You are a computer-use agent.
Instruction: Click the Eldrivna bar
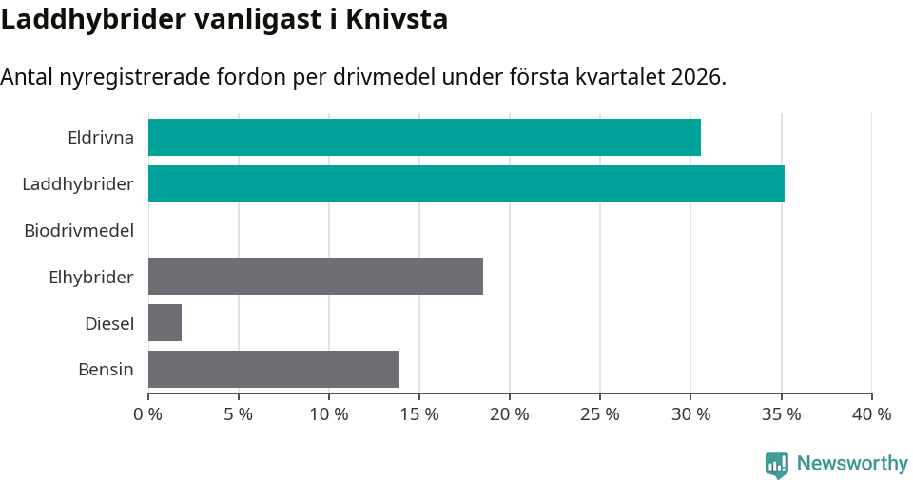click(424, 137)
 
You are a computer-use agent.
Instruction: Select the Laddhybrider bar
click(466, 183)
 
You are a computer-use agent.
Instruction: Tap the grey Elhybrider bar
click(316, 276)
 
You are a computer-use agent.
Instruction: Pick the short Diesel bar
click(165, 323)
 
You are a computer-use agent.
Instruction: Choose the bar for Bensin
click(274, 369)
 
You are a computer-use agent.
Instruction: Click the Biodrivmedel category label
click(79, 230)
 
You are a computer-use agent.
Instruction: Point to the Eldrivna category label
click(101, 137)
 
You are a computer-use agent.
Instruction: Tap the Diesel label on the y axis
click(109, 323)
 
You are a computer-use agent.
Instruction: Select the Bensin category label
click(106, 369)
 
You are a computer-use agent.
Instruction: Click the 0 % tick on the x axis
click(147, 414)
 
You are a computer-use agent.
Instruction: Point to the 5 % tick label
click(238, 414)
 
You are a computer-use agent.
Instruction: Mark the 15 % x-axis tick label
click(418, 414)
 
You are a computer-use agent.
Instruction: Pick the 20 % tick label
click(509, 414)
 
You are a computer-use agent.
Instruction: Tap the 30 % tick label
click(690, 414)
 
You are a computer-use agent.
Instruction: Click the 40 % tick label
click(871, 414)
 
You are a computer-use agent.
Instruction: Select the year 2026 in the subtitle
click(695, 77)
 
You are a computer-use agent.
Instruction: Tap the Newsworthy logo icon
click(777, 464)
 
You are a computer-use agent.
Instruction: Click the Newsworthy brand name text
click(852, 464)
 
